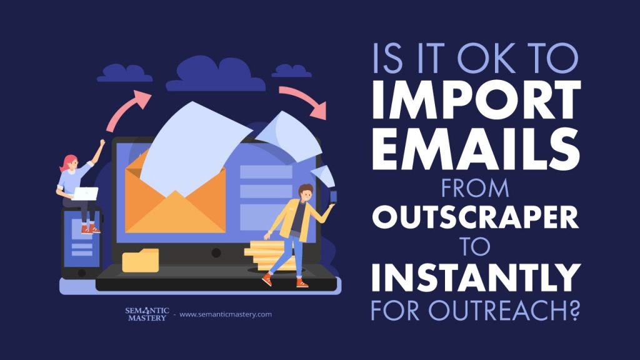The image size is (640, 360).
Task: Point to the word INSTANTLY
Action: point(476,277)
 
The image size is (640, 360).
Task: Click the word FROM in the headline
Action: point(475,187)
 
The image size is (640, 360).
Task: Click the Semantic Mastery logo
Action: point(147,314)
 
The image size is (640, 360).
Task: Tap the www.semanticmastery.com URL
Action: point(225,314)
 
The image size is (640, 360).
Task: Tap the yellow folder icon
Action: point(141,261)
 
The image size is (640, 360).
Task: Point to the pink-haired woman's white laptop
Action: point(86,194)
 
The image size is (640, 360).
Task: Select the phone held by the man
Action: point(333,197)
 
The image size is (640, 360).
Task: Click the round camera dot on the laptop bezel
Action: point(216,253)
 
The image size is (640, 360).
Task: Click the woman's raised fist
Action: point(102,142)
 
